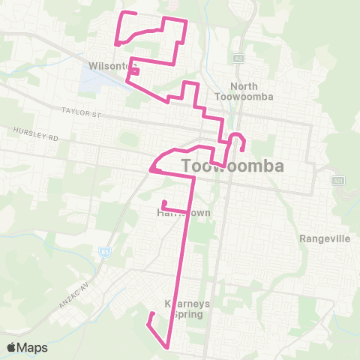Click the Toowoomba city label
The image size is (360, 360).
[x=233, y=165]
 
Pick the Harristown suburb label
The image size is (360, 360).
[x=184, y=213]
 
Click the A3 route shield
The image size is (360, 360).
[x=238, y=58]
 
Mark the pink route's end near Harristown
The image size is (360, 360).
[x=164, y=201]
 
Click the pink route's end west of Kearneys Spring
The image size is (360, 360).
[x=153, y=313]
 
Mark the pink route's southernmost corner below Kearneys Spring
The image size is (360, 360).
[x=166, y=346]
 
